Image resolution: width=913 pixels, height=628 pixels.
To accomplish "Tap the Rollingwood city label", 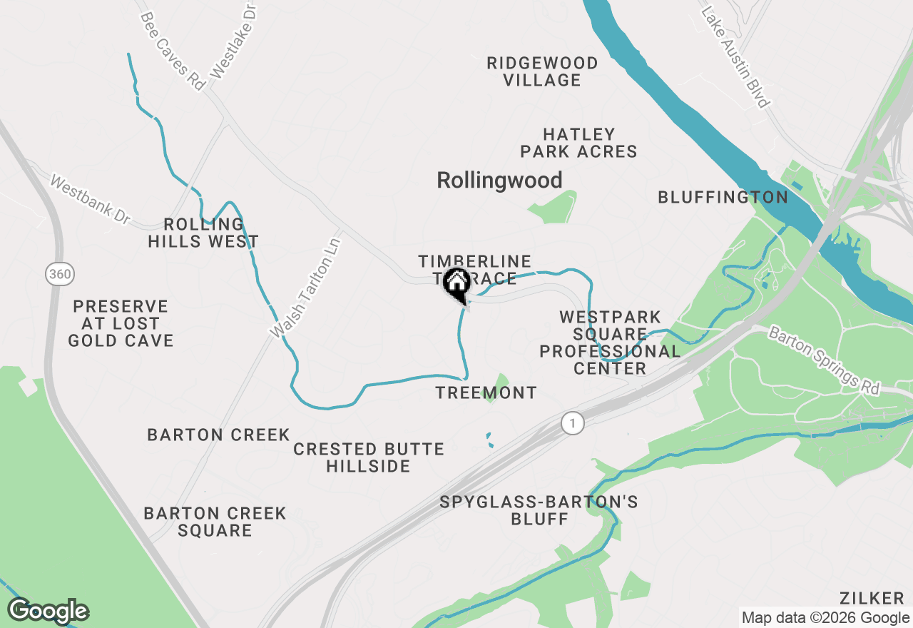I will [499, 180].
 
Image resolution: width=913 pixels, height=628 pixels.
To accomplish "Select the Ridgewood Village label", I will [542, 71].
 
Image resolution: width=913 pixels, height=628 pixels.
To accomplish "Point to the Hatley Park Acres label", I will [578, 143].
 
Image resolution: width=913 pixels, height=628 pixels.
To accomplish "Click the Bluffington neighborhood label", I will [723, 197].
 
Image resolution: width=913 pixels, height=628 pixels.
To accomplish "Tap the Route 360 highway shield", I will [57, 273].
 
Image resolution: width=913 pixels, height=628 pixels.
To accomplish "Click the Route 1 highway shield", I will [572, 422].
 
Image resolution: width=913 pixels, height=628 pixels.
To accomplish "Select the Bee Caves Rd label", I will [173, 51].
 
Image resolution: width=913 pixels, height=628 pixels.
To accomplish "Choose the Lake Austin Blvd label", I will [735, 57].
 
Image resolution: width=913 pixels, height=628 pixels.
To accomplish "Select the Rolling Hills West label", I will [203, 233].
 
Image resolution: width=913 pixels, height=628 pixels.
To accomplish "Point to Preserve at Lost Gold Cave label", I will [121, 323].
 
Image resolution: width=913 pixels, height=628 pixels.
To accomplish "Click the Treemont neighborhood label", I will [486, 392].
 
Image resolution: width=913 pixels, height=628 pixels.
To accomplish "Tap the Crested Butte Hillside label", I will [369, 457].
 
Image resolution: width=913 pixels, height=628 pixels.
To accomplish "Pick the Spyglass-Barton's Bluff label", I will [539, 510].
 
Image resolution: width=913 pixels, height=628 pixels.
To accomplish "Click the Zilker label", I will [872, 598].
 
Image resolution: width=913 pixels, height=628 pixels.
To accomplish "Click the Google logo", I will [48, 611].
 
